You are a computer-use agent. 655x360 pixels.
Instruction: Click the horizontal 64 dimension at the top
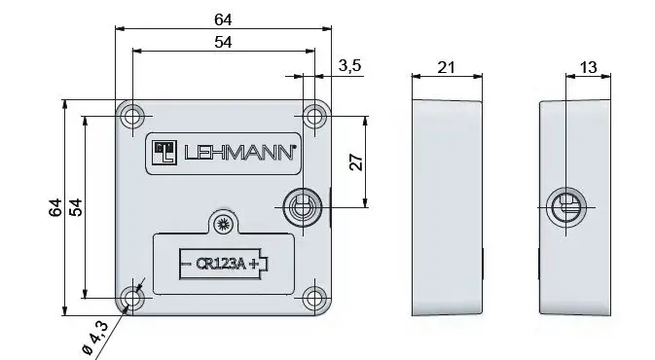[222, 17]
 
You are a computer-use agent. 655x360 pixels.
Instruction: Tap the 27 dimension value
[356, 162]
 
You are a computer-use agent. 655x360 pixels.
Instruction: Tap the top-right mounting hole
[312, 116]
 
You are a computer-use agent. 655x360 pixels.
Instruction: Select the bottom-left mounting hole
[132, 298]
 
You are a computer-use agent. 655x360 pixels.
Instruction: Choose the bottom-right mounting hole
[312, 298]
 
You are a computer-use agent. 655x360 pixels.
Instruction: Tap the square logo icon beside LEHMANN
[164, 151]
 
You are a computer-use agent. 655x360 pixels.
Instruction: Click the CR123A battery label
[222, 263]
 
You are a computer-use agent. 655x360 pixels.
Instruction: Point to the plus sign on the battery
[255, 263]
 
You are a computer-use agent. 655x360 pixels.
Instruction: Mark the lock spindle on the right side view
[566, 207]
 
